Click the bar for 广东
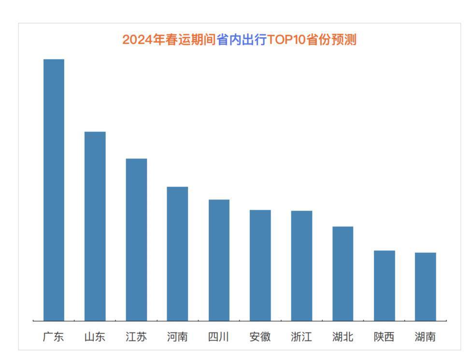click(x=54, y=189)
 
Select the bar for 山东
click(x=95, y=226)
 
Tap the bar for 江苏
click(x=136, y=239)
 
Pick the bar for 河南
click(x=177, y=253)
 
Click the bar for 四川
click(x=219, y=259)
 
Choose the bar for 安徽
click(x=260, y=265)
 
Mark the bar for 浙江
click(x=301, y=265)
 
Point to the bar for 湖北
click(x=343, y=273)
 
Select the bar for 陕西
click(x=384, y=285)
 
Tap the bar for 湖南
click(x=425, y=286)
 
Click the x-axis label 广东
click(x=54, y=337)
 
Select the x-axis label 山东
click(x=95, y=337)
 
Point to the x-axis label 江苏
click(x=136, y=337)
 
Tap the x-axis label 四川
click(x=219, y=337)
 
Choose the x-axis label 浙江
click(x=301, y=337)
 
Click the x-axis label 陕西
click(x=384, y=337)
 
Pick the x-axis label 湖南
click(x=425, y=337)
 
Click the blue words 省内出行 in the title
click(x=242, y=40)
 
